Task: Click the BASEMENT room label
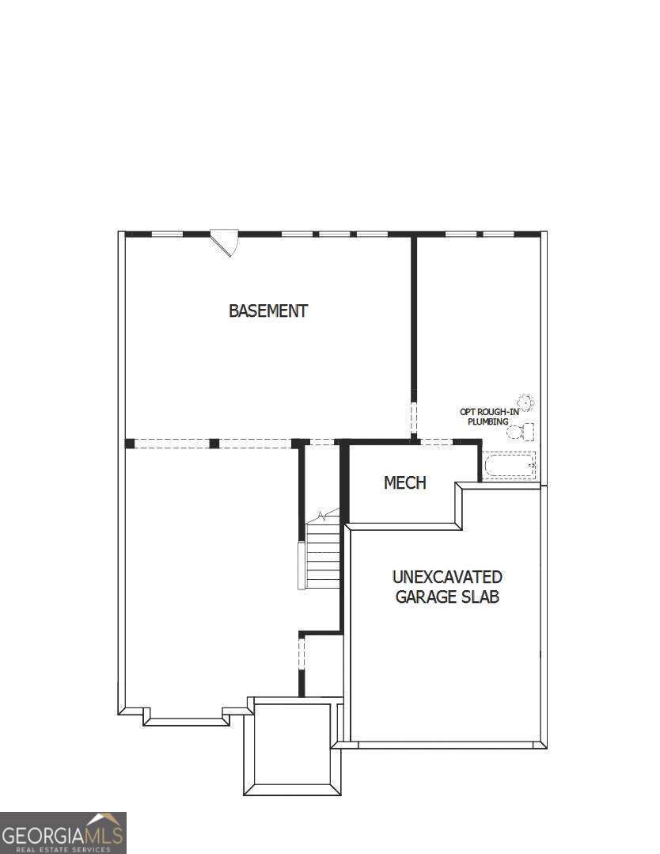point(267,311)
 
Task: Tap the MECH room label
point(404,482)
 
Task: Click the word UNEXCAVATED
point(447,577)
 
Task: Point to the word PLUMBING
point(487,421)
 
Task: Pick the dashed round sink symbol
point(525,402)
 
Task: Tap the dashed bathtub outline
point(510,464)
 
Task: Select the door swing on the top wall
point(226,242)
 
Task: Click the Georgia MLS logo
point(63,833)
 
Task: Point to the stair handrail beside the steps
point(301,565)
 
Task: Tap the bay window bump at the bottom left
point(186,716)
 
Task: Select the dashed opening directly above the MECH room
point(435,442)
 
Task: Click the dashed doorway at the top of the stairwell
point(321,442)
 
